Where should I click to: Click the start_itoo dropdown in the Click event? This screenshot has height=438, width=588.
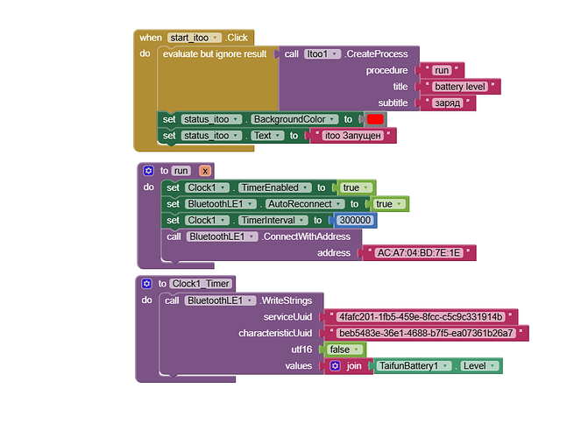[x=194, y=38]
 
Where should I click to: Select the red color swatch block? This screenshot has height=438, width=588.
[x=375, y=119]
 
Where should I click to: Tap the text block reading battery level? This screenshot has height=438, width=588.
[x=460, y=87]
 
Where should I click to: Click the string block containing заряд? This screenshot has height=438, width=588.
[x=448, y=103]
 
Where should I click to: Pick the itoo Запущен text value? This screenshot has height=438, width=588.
[x=352, y=136]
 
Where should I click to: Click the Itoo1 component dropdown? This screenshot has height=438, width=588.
[x=322, y=54]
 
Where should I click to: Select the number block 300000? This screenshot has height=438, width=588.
[x=355, y=220]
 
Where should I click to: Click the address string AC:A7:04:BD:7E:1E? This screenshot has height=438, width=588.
[x=419, y=253]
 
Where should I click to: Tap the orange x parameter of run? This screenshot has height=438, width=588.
[x=205, y=171]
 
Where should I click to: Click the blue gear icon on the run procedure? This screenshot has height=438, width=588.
[x=148, y=171]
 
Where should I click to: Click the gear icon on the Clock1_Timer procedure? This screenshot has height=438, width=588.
[x=146, y=284]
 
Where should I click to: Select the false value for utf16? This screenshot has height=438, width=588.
[x=344, y=350]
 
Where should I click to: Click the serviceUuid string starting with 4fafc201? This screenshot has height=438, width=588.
[x=421, y=317]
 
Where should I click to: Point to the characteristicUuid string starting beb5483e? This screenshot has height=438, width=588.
[x=426, y=333]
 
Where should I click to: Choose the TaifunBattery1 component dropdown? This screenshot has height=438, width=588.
[x=414, y=365]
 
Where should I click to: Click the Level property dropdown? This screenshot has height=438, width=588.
[x=479, y=365]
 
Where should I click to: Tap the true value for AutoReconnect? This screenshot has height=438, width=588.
[x=388, y=204]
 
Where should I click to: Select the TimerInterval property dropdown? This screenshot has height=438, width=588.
[x=273, y=220]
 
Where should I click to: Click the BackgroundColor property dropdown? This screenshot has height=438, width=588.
[x=294, y=119]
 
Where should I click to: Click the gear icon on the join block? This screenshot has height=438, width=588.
[x=336, y=365]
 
